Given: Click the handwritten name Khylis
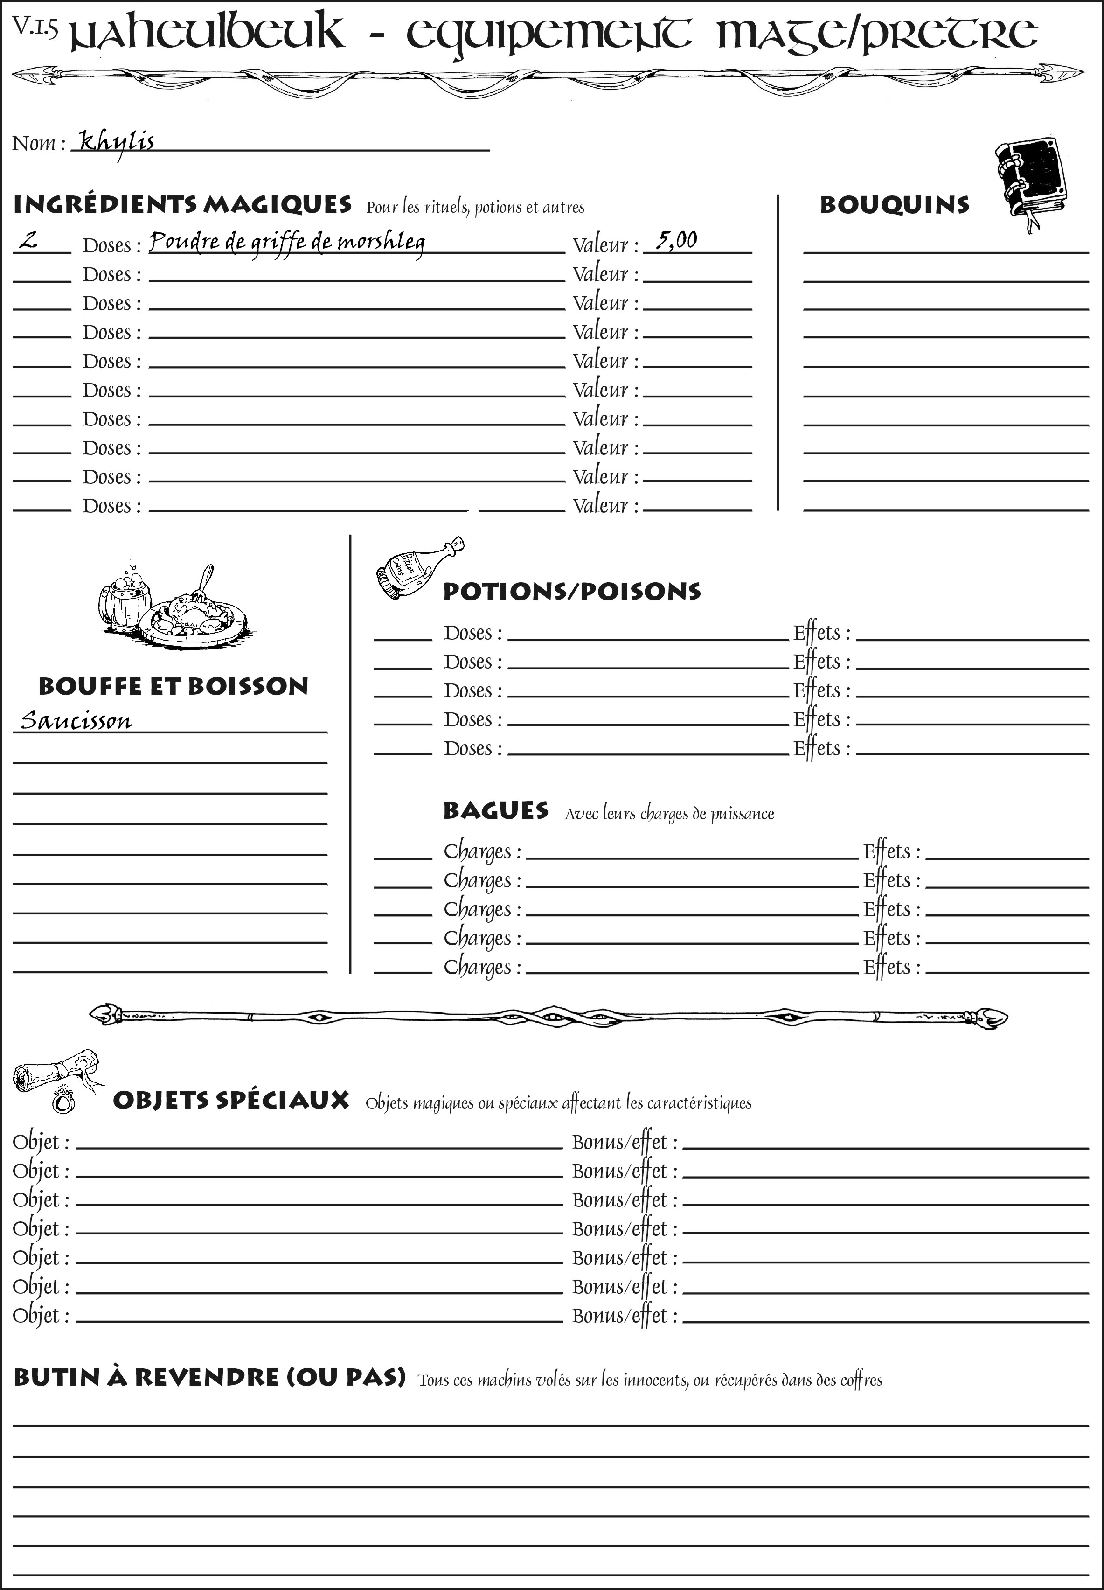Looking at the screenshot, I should click(x=116, y=143).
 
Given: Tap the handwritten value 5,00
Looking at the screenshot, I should click(x=676, y=241).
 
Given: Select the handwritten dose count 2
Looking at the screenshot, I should click(x=28, y=241).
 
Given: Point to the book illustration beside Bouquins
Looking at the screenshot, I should click(x=1031, y=180).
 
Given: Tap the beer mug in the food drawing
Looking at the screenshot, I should click(x=125, y=599).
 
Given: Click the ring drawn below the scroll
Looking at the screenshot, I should click(x=63, y=1100).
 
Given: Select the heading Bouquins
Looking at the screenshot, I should click(x=895, y=205).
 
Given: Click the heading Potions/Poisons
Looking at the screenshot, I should click(x=571, y=592).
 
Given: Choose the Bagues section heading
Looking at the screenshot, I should click(x=495, y=810).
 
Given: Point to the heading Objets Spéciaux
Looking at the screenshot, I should click(x=230, y=1101).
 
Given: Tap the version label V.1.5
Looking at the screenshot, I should click(x=35, y=28).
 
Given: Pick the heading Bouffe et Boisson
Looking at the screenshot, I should click(x=173, y=686).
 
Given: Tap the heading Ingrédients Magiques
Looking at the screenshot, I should click(x=182, y=205).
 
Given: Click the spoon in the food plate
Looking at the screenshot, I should click(x=205, y=581).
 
